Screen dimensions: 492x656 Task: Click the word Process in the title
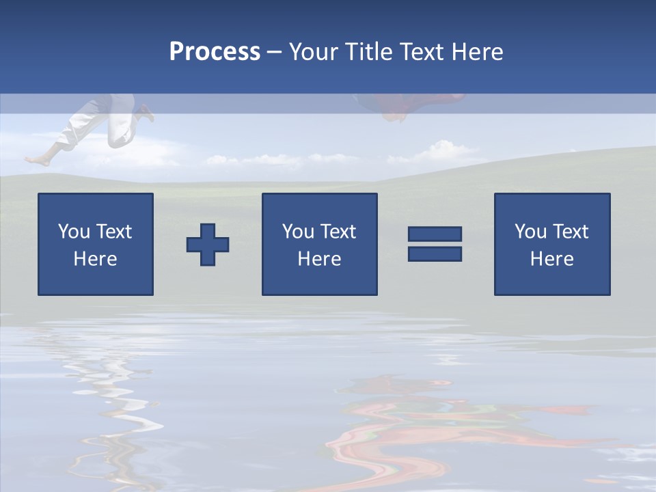coord(215,52)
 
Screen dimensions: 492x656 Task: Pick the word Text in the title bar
coord(419,52)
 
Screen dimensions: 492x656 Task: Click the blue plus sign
coord(208,244)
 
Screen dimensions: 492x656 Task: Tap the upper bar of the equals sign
coord(435,234)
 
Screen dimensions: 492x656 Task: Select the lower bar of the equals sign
coord(435,254)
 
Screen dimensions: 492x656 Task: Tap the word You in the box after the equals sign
coord(530,232)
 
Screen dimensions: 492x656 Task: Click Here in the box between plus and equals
coord(319,259)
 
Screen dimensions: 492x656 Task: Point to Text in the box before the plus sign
coord(115,232)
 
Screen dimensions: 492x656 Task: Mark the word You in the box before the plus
coord(74,232)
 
